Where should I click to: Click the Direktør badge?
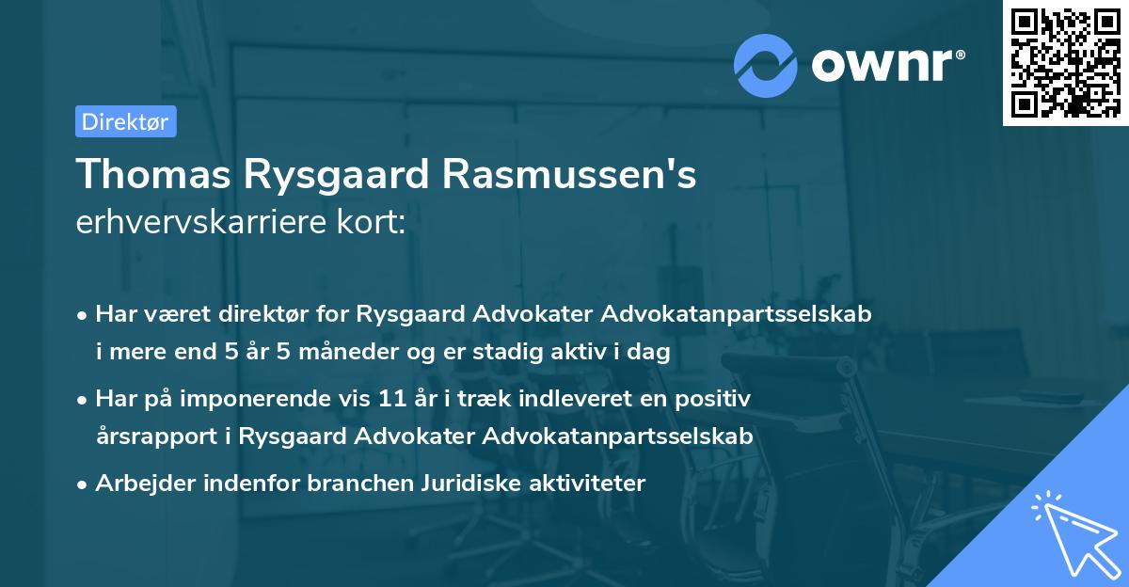pyautogui.click(x=124, y=122)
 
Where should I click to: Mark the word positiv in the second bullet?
pyautogui.click(x=718, y=399)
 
